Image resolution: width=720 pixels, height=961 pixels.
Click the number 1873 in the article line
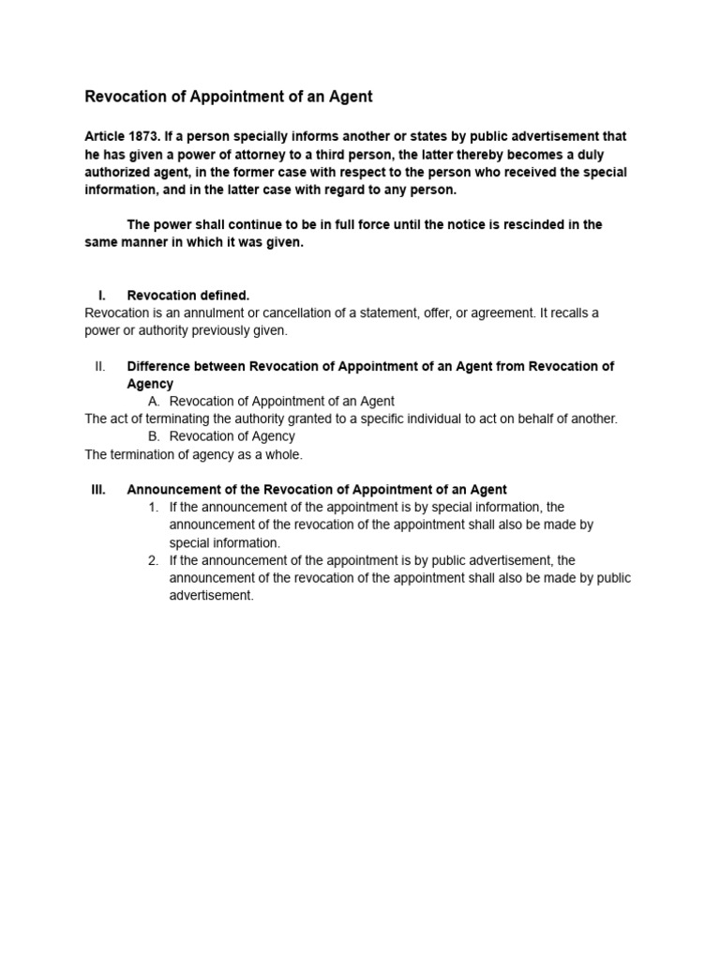(146, 136)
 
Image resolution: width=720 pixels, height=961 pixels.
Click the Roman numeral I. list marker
(102, 295)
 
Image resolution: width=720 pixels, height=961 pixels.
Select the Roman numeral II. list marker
(100, 366)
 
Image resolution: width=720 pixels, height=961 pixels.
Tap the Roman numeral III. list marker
(98, 489)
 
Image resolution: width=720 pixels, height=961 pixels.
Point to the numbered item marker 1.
(153, 507)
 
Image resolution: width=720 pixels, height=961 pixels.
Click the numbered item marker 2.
(153, 560)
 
